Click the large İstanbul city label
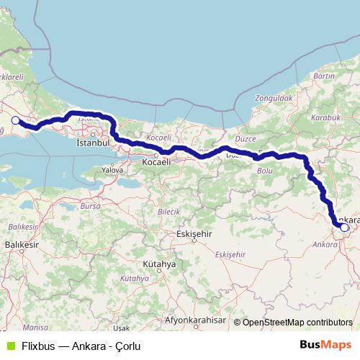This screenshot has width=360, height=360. coord(92,143)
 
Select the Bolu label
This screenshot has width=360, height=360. coord(265,170)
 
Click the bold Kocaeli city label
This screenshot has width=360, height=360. coord(156,163)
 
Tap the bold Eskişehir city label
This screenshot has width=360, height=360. coord(196,234)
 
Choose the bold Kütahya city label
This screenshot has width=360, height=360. coord(159,264)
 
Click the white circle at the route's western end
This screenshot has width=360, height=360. coord(15,120)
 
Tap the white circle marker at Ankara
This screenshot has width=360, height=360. coord(345,228)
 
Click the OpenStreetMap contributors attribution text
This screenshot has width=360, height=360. coord(297,323)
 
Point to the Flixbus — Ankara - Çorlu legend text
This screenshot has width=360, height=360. coord(80,346)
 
